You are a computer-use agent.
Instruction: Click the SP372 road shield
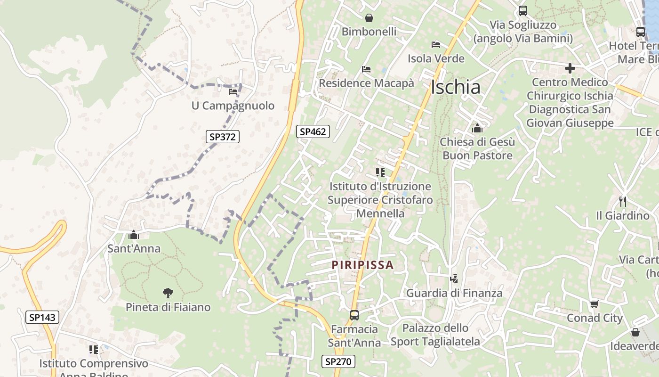pyautogui.click(x=223, y=137)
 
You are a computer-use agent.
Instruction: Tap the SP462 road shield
pyautogui.click(x=313, y=131)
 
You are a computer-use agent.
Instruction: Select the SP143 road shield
pyautogui.click(x=42, y=317)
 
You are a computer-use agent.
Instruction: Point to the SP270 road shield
pyautogui.click(x=338, y=361)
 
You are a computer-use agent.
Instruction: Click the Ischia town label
pyautogui.click(x=456, y=87)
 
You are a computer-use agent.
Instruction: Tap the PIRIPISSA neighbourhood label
pyautogui.click(x=362, y=265)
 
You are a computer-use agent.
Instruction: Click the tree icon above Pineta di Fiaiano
pyautogui.click(x=168, y=293)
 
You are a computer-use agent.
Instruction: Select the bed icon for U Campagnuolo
pyautogui.click(x=233, y=91)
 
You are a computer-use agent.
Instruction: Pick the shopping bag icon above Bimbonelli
pyautogui.click(x=369, y=18)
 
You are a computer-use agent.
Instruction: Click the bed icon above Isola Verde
pyautogui.click(x=436, y=45)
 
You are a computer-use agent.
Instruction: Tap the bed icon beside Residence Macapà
pyautogui.click(x=366, y=69)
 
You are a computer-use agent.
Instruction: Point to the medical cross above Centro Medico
pyautogui.click(x=570, y=68)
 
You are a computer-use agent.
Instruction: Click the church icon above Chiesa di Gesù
pyautogui.click(x=477, y=128)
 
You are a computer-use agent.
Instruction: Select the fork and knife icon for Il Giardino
pyautogui.click(x=623, y=202)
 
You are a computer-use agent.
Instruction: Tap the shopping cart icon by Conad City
pyautogui.click(x=595, y=304)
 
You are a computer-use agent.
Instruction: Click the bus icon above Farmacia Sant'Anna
pyautogui.click(x=354, y=315)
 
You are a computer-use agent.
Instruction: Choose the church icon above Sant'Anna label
pyautogui.click(x=134, y=234)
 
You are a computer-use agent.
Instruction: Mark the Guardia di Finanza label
pyautogui.click(x=454, y=293)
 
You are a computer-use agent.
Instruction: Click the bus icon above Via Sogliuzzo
pyautogui.click(x=523, y=11)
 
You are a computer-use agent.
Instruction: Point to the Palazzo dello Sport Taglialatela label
pyautogui.click(x=435, y=335)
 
